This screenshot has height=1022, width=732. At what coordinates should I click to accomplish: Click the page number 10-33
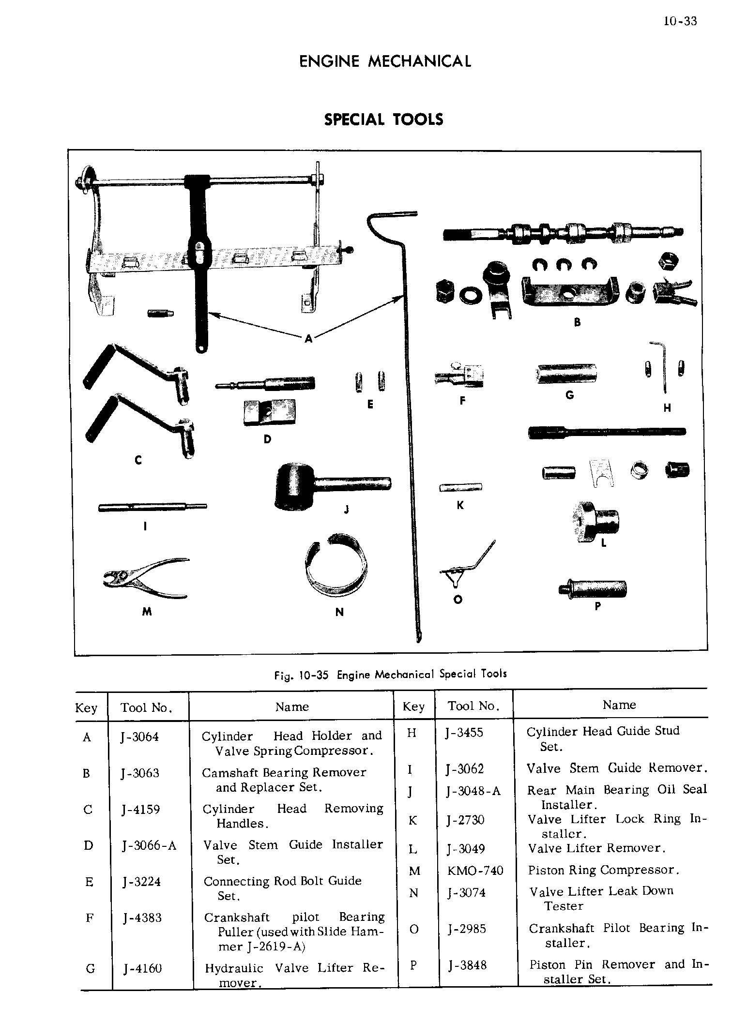(x=680, y=21)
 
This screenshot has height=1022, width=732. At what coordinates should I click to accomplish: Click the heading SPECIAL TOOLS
(x=383, y=120)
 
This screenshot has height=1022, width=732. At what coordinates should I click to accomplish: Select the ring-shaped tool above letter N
(x=335, y=565)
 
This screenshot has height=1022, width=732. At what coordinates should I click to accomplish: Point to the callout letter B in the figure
(x=577, y=322)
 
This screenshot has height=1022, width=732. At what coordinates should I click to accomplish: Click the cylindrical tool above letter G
(x=566, y=373)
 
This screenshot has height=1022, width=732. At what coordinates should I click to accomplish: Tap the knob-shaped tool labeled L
(x=595, y=521)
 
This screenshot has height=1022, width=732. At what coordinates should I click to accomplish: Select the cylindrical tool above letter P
(x=594, y=588)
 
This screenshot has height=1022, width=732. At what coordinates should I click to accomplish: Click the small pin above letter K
(x=460, y=487)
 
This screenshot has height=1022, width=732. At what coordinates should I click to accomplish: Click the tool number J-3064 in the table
(x=140, y=737)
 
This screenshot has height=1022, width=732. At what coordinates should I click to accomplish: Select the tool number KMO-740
(x=475, y=871)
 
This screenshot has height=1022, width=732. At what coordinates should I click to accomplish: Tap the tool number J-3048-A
(x=473, y=791)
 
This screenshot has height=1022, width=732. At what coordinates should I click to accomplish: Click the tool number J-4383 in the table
(x=142, y=918)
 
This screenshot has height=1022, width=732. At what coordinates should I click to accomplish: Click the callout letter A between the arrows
(x=308, y=339)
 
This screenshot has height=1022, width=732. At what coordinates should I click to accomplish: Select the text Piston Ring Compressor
(x=604, y=871)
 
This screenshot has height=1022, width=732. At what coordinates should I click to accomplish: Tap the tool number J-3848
(x=467, y=965)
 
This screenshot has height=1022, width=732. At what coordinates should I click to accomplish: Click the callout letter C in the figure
(x=138, y=460)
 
